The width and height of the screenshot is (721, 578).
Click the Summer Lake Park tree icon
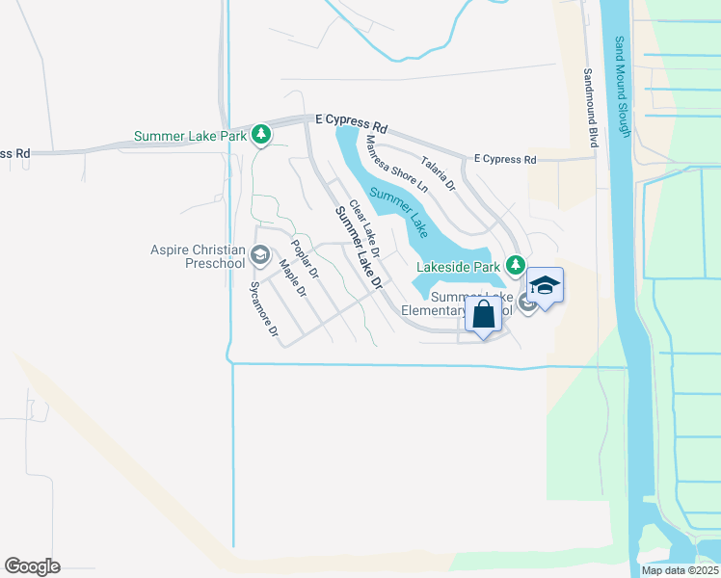click(260, 135)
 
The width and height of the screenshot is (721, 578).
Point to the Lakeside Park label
click(458, 266)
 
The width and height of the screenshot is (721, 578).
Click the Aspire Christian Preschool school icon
click(259, 255)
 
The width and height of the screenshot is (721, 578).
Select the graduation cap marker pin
click(545, 286)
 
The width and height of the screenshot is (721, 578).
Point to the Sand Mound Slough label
click(622, 88)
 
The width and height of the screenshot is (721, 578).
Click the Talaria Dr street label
click(437, 173)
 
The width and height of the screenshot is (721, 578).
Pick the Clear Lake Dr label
click(364, 228)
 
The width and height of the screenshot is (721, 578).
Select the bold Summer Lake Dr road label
click(359, 250)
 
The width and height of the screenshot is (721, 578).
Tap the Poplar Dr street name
click(305, 258)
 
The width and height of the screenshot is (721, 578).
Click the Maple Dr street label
click(292, 277)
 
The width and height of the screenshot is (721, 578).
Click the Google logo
click(32, 566)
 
